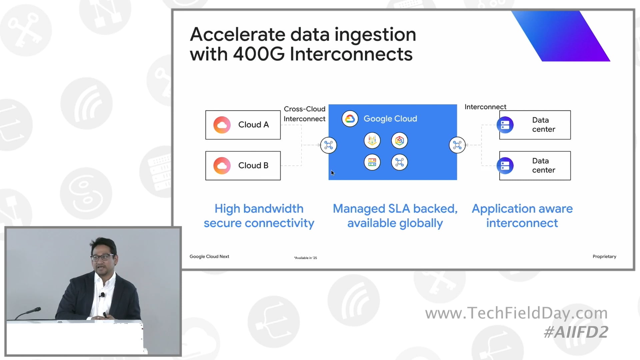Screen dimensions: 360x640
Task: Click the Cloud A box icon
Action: (222, 125)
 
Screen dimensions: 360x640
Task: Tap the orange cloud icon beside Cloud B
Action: (222, 166)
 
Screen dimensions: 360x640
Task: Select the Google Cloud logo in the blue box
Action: (350, 119)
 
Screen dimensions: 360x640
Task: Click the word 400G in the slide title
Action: (258, 54)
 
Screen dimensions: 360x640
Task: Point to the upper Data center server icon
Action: (505, 125)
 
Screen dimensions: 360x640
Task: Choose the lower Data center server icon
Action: (505, 166)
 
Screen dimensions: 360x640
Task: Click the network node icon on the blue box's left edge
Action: (328, 145)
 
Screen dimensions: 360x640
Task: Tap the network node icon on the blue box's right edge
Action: (457, 145)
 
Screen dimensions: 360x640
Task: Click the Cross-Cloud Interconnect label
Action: (304, 114)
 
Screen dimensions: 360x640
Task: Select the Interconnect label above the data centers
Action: (485, 107)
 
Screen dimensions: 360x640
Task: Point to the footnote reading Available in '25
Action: (305, 258)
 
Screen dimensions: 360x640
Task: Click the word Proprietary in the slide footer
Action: (604, 256)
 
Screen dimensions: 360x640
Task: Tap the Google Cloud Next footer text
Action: (209, 256)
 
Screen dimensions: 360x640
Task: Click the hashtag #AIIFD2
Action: (576, 332)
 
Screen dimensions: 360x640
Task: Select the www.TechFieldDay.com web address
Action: (516, 313)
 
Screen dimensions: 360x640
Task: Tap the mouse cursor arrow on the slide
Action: (332, 173)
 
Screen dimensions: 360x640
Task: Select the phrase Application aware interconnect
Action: (522, 216)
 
